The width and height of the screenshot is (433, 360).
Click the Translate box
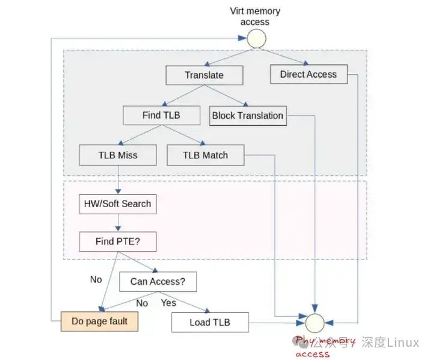click(204, 75)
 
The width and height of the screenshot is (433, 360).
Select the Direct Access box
click(309, 75)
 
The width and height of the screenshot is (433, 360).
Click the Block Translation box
click(248, 116)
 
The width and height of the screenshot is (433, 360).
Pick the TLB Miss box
click(118, 155)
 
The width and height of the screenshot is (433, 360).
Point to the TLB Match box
click(206, 155)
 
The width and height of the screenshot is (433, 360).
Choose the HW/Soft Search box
click(118, 204)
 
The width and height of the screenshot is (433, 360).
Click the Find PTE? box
click(118, 242)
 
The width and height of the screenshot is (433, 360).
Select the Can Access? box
click(158, 281)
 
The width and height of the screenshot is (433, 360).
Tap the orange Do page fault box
click(99, 321)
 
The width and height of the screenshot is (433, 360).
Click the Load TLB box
click(210, 322)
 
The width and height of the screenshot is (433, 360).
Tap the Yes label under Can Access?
click(168, 303)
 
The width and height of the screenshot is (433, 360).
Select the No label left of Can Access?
click(96, 279)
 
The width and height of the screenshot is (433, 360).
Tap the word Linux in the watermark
click(403, 343)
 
